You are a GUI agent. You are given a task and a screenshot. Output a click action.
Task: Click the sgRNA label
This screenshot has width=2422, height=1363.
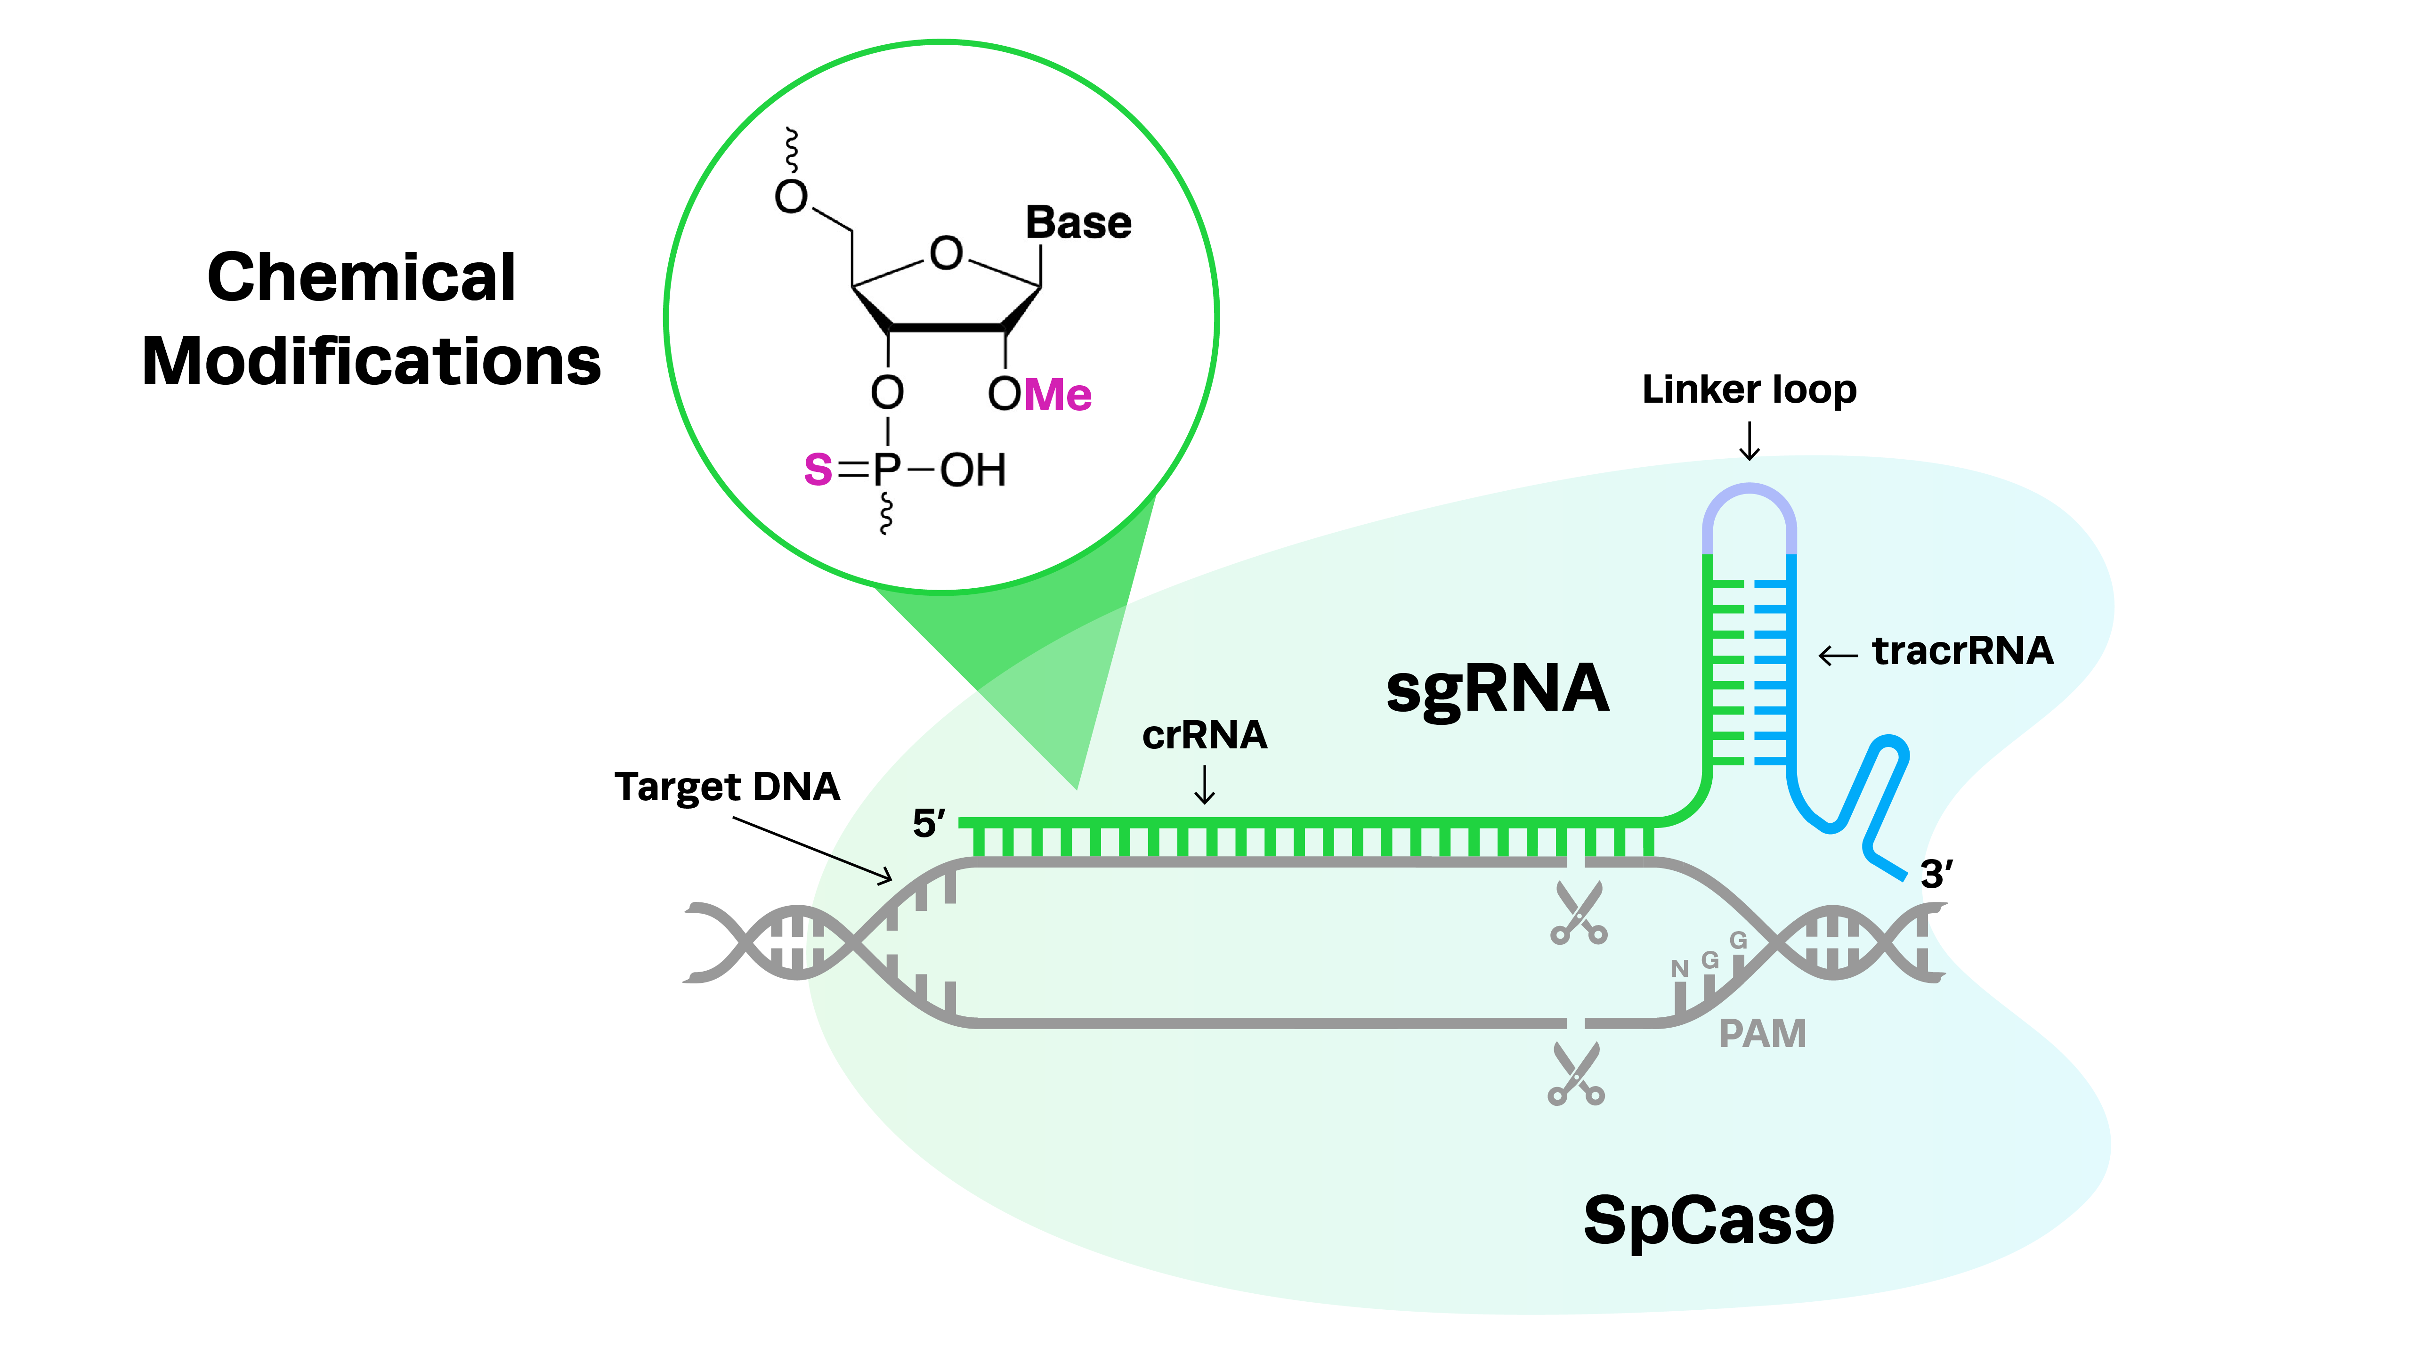click(1497, 689)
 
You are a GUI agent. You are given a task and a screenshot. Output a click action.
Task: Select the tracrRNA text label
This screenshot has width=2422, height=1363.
click(1962, 650)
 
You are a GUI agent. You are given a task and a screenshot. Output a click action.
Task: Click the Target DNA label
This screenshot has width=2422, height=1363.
click(727, 787)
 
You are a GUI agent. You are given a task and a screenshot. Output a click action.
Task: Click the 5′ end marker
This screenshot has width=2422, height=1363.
click(928, 823)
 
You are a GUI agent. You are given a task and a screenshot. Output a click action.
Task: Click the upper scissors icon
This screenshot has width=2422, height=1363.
click(1579, 914)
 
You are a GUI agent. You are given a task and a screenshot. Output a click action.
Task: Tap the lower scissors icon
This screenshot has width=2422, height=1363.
click(1577, 1074)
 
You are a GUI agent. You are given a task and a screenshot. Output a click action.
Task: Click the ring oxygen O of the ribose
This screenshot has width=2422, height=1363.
click(946, 254)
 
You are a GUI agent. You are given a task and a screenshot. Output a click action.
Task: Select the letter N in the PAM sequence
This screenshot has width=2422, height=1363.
click(1679, 968)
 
